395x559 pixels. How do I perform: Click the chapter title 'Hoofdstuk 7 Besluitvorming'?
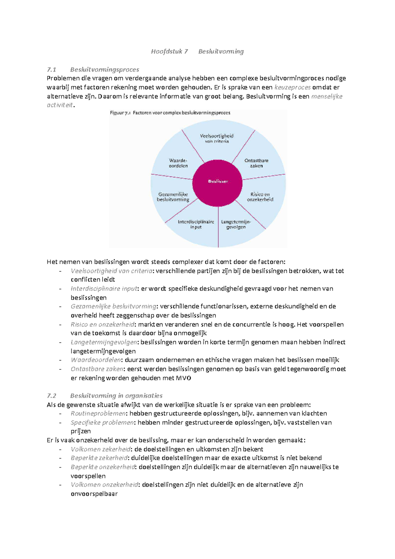[x=197, y=51]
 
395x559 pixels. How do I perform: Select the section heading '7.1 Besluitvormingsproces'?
[x=93, y=69]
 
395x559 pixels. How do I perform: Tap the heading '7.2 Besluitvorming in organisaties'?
[x=105, y=395]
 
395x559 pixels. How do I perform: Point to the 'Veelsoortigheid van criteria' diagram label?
[x=217, y=138]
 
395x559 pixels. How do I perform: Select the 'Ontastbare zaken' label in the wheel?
[x=256, y=163]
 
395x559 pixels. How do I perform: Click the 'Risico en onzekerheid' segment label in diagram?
[x=260, y=197]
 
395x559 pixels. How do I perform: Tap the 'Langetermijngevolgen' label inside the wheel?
[x=236, y=224]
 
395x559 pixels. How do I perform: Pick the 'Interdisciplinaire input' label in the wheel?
[x=196, y=224]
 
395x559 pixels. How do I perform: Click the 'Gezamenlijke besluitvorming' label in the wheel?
[x=173, y=197]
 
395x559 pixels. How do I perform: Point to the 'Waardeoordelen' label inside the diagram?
[x=178, y=163]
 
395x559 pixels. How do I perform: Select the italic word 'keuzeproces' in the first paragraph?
[x=292, y=87]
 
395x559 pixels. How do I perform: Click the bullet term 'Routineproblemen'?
[x=98, y=413]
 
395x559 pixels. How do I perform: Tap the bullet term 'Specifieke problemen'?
[x=102, y=422]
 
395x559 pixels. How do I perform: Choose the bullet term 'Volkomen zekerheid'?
[x=100, y=449]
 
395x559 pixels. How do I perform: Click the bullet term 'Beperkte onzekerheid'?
[x=103, y=467]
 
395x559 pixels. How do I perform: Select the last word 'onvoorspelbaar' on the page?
[x=94, y=493]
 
